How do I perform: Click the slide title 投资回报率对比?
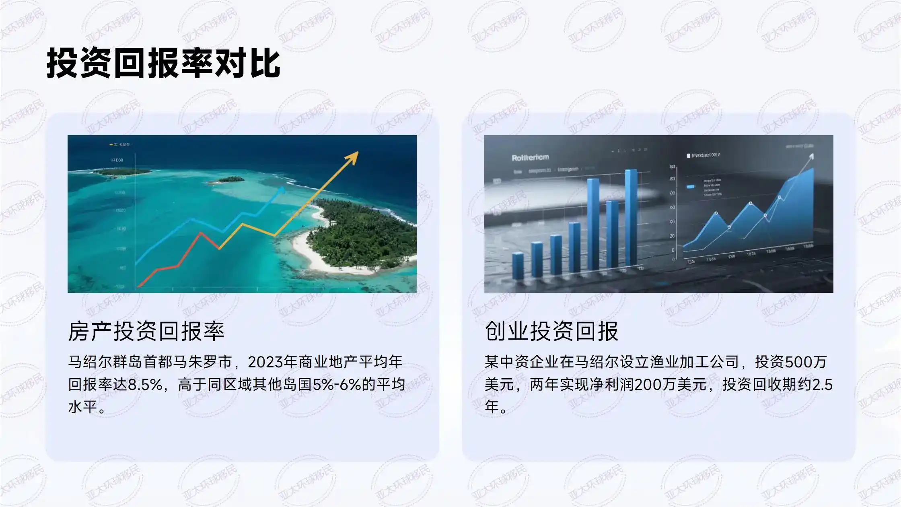pyautogui.click(x=163, y=64)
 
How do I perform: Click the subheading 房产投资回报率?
pyautogui.click(x=146, y=331)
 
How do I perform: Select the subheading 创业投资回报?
pyautogui.click(x=551, y=331)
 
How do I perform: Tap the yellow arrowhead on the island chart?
pyautogui.click(x=353, y=157)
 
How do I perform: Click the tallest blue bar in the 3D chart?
pyautogui.click(x=631, y=217)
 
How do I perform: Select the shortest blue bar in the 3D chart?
pyautogui.click(x=518, y=265)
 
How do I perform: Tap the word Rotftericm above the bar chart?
pyautogui.click(x=530, y=157)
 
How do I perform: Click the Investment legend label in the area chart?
pyautogui.click(x=706, y=155)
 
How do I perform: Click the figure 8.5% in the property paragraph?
pyautogui.click(x=144, y=385)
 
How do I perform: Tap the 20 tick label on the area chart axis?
pyautogui.click(x=672, y=236)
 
